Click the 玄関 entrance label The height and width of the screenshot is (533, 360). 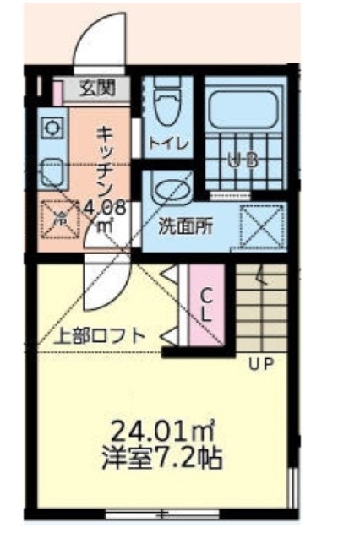pyautogui.click(x=99, y=85)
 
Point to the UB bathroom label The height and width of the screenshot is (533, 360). pyautogui.click(x=242, y=159)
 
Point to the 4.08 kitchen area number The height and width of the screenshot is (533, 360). pyautogui.click(x=106, y=205)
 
